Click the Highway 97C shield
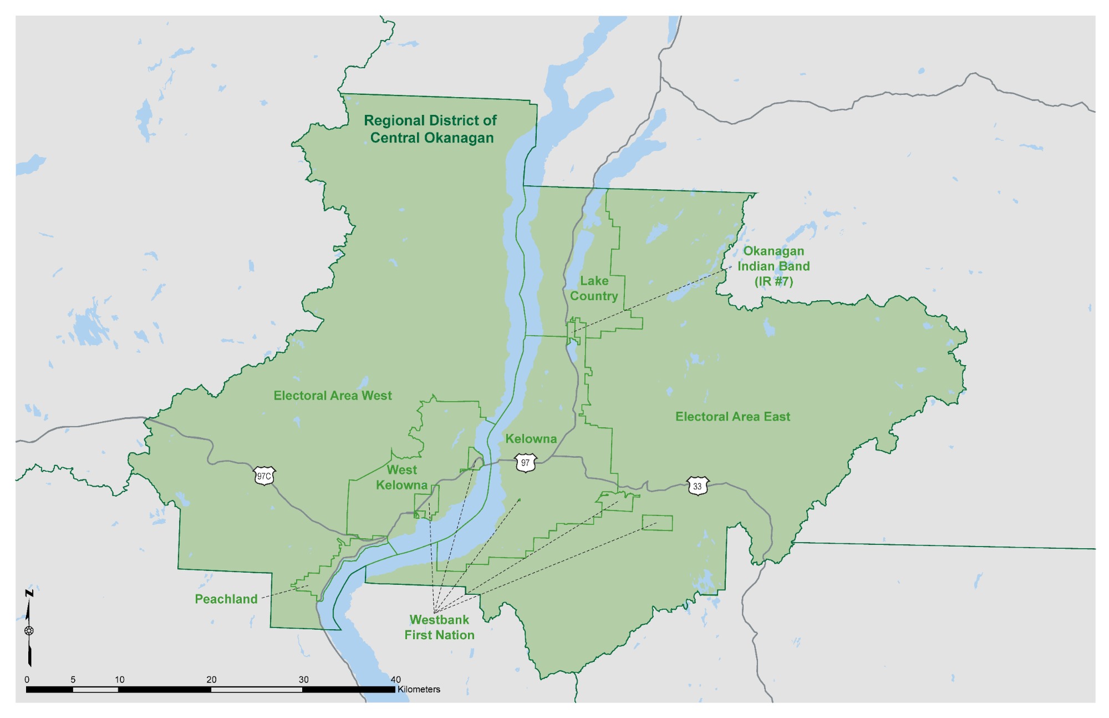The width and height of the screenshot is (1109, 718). coord(264,476)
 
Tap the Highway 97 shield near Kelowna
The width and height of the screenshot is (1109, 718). coord(525,463)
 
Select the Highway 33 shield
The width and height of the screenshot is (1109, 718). coord(697,486)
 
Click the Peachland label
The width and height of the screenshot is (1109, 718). coord(226,599)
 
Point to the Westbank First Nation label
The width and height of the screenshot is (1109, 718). coord(439,628)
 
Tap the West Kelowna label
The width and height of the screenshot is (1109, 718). coord(401,478)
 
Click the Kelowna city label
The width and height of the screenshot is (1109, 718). coord(531,439)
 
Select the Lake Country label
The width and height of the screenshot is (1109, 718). coord(594,289)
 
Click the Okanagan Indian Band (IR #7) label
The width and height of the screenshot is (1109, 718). coord(774,266)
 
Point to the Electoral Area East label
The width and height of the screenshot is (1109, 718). coord(732,417)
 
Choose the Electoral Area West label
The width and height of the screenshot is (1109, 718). coord(333,396)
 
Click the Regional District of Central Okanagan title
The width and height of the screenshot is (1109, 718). coord(431,129)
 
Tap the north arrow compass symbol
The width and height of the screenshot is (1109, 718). coord(29,630)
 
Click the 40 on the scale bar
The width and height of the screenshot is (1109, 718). coord(395,680)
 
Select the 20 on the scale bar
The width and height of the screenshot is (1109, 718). coord(211,680)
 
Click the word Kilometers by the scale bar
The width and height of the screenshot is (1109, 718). coord(419,689)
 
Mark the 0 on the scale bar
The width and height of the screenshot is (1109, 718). coord(27,680)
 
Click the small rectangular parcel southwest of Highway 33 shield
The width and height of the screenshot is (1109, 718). coord(657,523)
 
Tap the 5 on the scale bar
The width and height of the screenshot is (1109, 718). coord(73,680)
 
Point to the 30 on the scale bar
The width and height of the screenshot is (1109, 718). coord(303,680)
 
